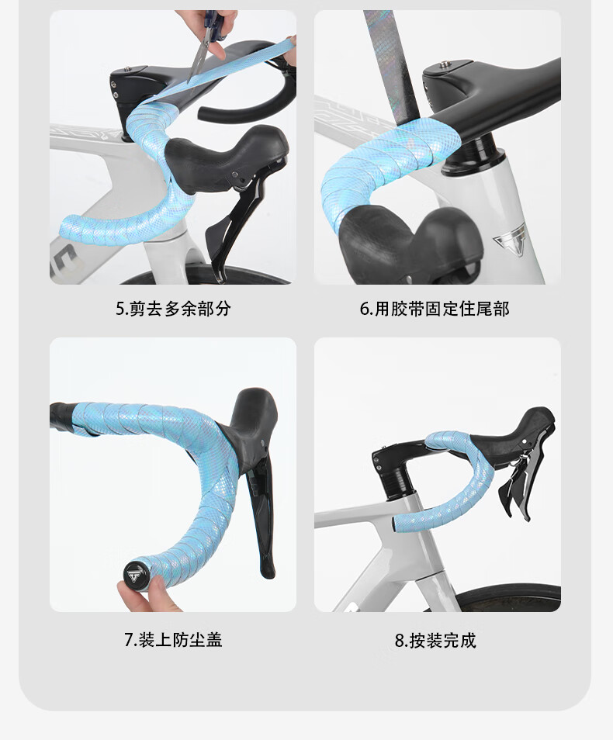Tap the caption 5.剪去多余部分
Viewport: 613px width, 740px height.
point(173,309)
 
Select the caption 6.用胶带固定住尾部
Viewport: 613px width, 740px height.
point(435,309)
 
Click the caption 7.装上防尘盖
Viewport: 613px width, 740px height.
point(173,640)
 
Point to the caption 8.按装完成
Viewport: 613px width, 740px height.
point(435,641)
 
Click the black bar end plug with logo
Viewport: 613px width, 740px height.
point(134,574)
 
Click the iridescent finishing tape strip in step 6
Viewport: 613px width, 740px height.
point(393,66)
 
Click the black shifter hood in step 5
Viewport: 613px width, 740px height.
point(227,158)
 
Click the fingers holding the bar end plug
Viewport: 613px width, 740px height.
point(142,596)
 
